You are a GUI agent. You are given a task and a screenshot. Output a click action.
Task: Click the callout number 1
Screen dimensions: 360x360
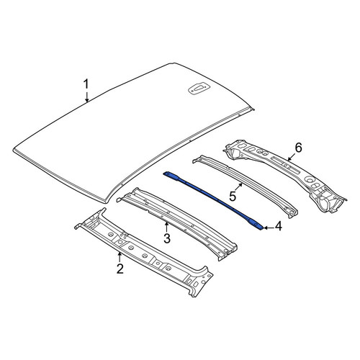pyautogui.click(x=86, y=84)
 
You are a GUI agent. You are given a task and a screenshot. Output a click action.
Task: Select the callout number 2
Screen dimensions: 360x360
pyautogui.click(x=120, y=269)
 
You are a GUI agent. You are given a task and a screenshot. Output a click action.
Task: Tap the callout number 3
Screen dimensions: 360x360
pyautogui.click(x=167, y=238)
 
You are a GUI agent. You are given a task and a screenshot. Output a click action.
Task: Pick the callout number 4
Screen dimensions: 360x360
pyautogui.click(x=278, y=226)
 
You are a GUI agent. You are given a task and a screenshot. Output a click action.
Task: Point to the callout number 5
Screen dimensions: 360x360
pyautogui.click(x=233, y=197)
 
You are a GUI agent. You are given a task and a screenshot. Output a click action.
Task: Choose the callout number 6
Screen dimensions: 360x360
pyautogui.click(x=298, y=148)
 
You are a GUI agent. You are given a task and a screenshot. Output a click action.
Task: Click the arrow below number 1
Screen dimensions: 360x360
pyautogui.click(x=87, y=96)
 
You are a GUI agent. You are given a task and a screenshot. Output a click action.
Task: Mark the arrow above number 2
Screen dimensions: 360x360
pyautogui.click(x=120, y=257)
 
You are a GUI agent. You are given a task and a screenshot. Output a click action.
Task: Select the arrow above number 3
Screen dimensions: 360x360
pyautogui.click(x=166, y=227)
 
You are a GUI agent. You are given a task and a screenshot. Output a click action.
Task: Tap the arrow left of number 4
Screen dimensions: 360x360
pyautogui.click(x=269, y=228)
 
